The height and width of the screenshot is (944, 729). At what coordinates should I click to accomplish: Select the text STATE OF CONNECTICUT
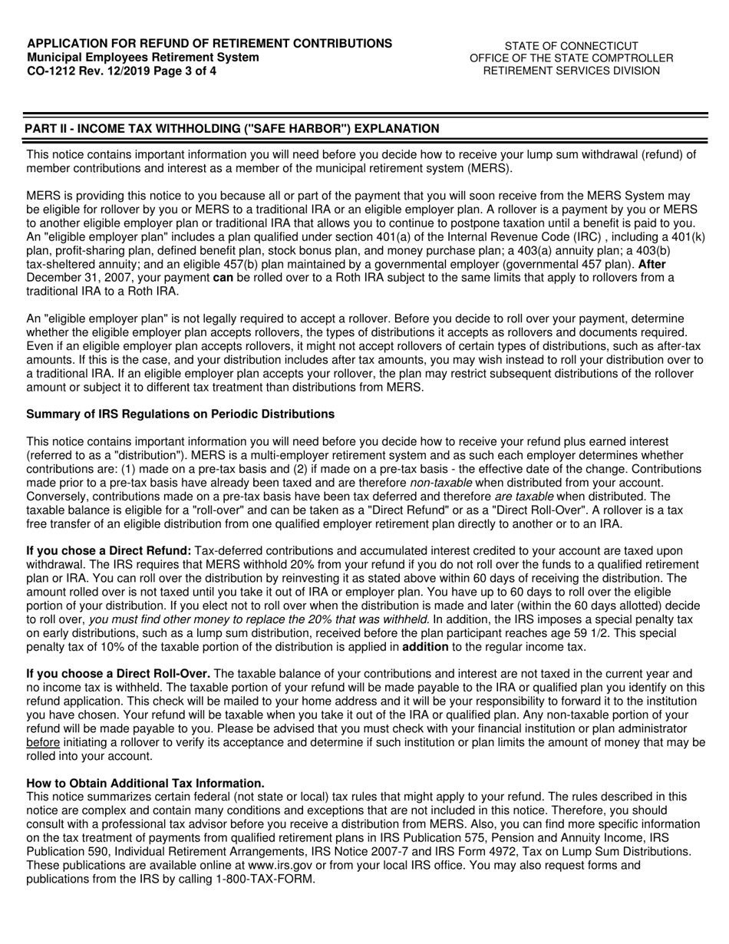point(571,45)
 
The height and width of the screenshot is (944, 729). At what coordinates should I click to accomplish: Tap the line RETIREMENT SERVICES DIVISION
point(571,71)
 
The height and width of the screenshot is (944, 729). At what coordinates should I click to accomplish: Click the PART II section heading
point(233,128)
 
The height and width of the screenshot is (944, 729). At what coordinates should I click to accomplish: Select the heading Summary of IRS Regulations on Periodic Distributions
point(180,414)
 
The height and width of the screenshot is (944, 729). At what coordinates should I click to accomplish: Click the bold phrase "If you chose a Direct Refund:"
point(109,551)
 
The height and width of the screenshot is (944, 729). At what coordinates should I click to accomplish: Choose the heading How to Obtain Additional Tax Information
point(146,783)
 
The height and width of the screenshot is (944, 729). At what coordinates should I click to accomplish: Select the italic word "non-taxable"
point(440,482)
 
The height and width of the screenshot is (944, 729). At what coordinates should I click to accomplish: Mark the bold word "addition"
point(427,648)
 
